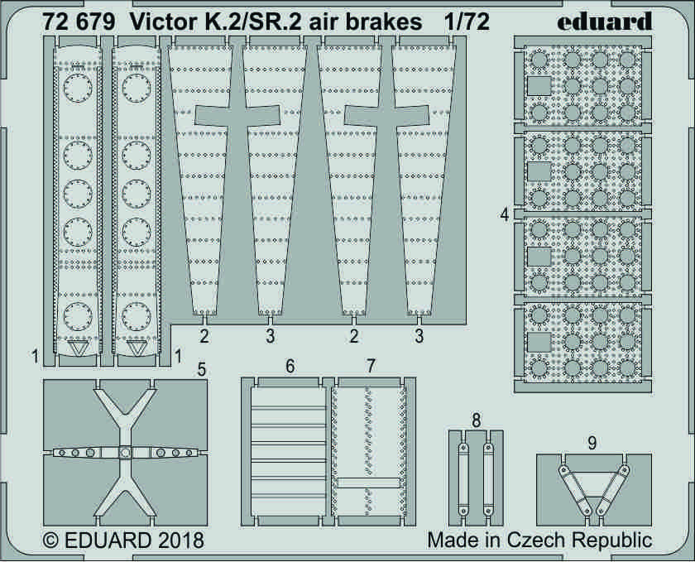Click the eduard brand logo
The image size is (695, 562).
coord(605,22)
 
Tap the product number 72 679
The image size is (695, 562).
coord(79,22)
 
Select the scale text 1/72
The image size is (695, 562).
coord(468,22)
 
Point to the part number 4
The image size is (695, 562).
coord(505,214)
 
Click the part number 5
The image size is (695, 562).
coord(201,369)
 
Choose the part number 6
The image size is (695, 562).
coord(290,367)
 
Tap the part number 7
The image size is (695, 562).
coord(371,367)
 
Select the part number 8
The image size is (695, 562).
coord(476,420)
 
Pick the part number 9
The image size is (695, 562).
coord(592,443)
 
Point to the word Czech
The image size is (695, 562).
coord(537,540)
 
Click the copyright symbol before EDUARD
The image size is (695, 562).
coord(51,540)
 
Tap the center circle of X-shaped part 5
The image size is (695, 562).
coord(126,453)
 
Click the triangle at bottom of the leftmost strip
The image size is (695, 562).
coord(78,348)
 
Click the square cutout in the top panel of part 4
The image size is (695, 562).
coord(539,86)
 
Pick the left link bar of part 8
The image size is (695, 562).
coord(463,479)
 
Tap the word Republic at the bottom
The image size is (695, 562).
coord(612,541)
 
